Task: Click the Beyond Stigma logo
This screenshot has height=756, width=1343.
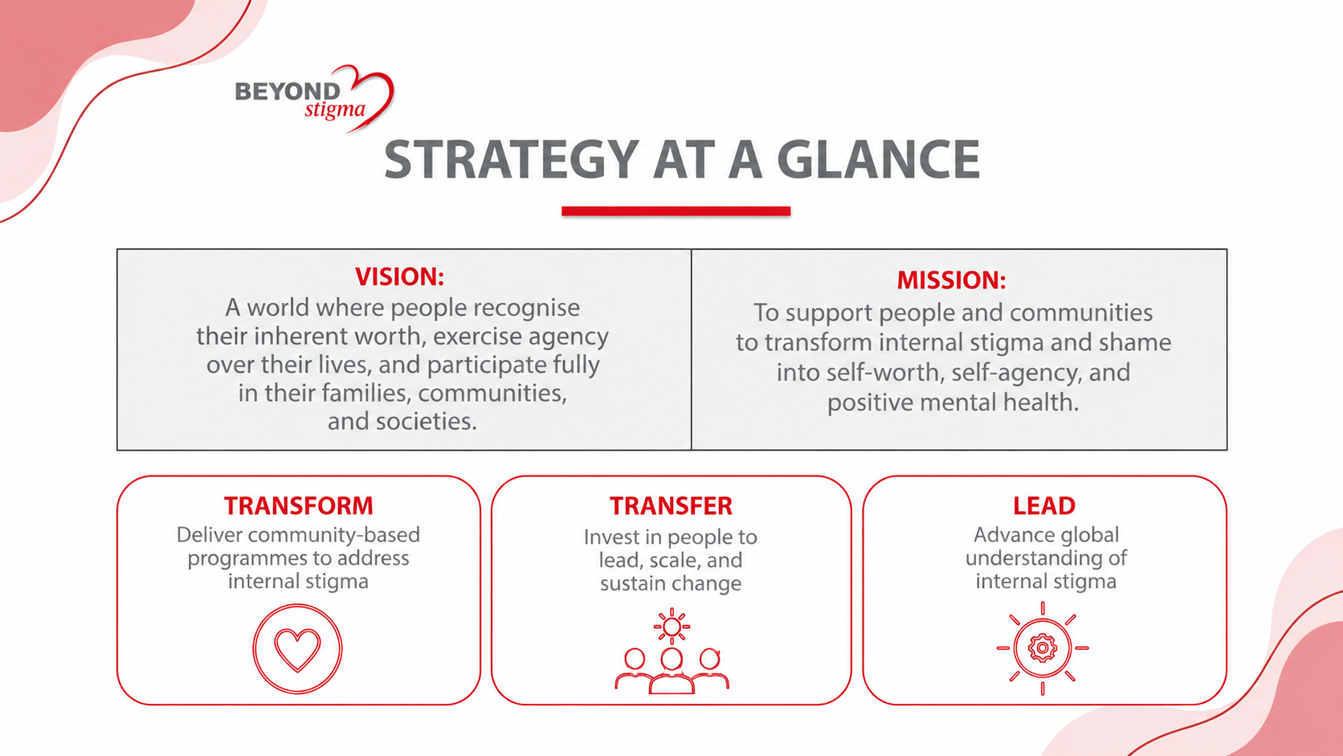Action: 314,98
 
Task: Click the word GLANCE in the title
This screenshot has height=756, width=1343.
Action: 878,159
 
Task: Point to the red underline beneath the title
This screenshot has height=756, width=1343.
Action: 676,211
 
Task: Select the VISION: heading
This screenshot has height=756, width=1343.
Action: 399,277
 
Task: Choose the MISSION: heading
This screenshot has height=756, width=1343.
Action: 952,280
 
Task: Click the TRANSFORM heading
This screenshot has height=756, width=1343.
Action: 299,506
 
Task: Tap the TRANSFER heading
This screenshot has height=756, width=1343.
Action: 671,506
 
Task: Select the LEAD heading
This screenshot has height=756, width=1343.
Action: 1044,506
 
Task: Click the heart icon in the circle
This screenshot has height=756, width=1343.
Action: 297,648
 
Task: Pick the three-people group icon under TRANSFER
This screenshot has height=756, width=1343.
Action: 671,670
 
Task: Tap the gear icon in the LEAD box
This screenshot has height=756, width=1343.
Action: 1043,648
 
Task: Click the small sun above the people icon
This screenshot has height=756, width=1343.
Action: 671,627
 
